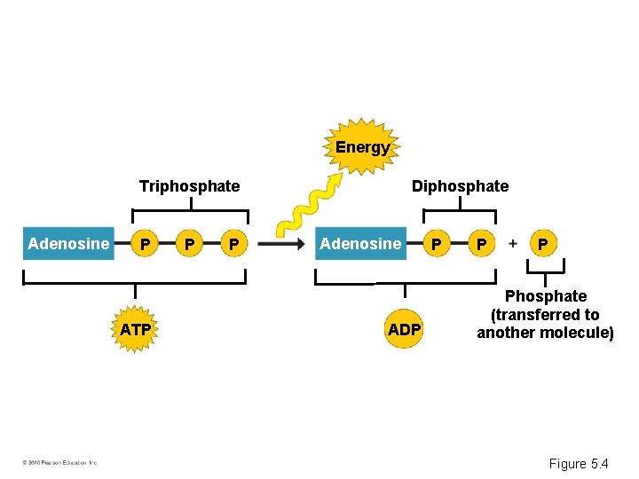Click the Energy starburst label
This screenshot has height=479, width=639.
362,147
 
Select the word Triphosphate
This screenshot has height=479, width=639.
189,186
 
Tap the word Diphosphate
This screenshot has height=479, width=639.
460,186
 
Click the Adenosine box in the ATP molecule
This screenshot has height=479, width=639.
68,243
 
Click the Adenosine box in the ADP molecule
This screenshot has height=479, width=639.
360,243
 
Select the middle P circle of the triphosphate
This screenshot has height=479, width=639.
187,244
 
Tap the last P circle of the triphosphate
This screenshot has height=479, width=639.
233,244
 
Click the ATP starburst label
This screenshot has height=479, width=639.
135,330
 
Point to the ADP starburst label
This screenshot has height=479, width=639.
405,330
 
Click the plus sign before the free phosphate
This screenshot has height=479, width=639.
512,243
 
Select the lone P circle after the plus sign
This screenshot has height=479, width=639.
543,243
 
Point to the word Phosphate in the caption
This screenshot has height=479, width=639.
546,296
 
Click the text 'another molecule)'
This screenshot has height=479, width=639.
546,334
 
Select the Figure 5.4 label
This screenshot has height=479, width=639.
579,463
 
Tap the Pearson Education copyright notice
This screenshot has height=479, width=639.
60,462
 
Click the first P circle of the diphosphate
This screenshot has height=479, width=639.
435,244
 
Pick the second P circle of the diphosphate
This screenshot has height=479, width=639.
480,244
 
